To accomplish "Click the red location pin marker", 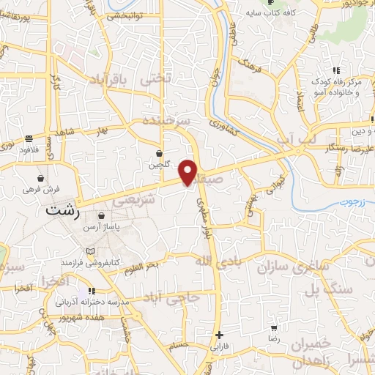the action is [x=188, y=172].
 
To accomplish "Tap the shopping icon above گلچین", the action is [x=159, y=153].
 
